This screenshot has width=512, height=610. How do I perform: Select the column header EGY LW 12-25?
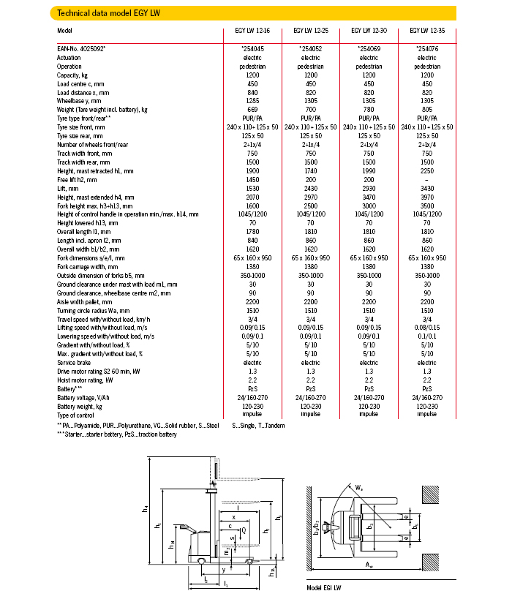(x=311, y=31)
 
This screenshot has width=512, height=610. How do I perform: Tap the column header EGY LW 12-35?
(x=427, y=31)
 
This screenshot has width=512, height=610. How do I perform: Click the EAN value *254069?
(x=369, y=48)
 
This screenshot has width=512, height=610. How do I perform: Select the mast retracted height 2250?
(x=427, y=170)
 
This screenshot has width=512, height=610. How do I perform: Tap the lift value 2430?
(x=311, y=188)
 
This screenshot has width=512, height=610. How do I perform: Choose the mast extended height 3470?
(x=369, y=197)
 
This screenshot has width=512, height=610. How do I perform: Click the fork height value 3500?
(x=427, y=206)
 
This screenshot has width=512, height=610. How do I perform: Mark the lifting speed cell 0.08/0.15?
(x=427, y=328)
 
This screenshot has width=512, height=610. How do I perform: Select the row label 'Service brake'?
(x=76, y=363)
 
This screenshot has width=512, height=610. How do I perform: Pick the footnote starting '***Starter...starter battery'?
(x=117, y=434)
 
